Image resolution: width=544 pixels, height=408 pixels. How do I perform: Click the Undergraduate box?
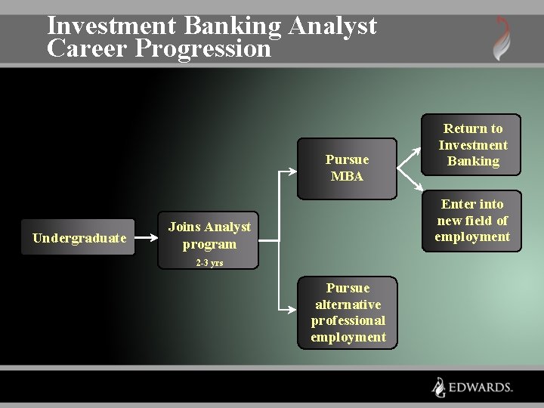(x=79, y=238)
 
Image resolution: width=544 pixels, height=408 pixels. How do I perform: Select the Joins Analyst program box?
(x=209, y=236)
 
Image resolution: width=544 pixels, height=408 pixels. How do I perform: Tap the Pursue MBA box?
(x=347, y=168)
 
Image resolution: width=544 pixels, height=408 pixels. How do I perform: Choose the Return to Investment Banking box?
(x=472, y=144)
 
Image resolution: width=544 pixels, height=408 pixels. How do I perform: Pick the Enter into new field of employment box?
(x=472, y=221)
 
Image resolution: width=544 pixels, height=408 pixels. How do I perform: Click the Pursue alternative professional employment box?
(x=348, y=313)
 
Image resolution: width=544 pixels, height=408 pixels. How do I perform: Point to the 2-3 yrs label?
(x=209, y=263)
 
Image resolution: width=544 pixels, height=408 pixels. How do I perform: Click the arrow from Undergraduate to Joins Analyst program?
(x=147, y=236)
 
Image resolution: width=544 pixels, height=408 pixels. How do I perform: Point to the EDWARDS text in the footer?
(x=481, y=388)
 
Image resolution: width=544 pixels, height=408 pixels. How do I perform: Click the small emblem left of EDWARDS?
(x=438, y=387)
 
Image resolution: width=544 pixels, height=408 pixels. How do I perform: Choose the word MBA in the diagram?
(x=347, y=177)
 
